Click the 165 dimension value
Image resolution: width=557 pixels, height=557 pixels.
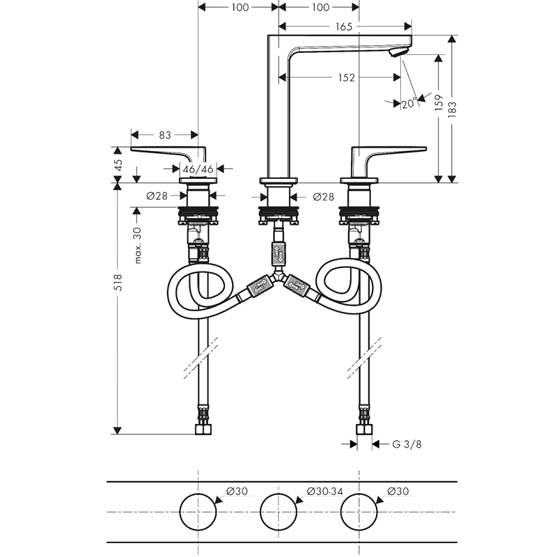tap(343, 26)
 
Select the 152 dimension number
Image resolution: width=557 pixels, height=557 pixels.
tap(346, 77)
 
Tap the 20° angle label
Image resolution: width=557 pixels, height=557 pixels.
tap(409, 103)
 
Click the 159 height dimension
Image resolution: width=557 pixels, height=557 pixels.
tap(439, 102)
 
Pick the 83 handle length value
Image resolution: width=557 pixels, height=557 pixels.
tap(165, 135)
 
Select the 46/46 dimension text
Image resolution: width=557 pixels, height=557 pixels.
tap(198, 169)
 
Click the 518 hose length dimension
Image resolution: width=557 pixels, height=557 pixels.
tap(118, 283)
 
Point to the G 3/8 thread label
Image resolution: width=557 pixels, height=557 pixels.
tap(407, 444)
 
